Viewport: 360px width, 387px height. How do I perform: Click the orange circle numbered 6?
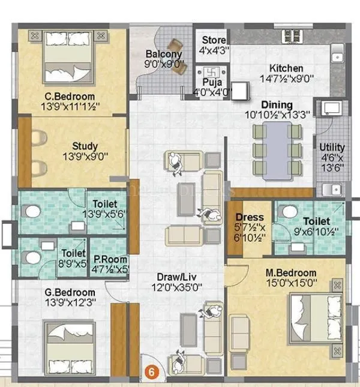coord(151,371)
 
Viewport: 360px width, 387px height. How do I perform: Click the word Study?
coord(85,146)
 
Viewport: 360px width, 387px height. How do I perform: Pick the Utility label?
coord(332,147)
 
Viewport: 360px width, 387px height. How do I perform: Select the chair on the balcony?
coord(175,46)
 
